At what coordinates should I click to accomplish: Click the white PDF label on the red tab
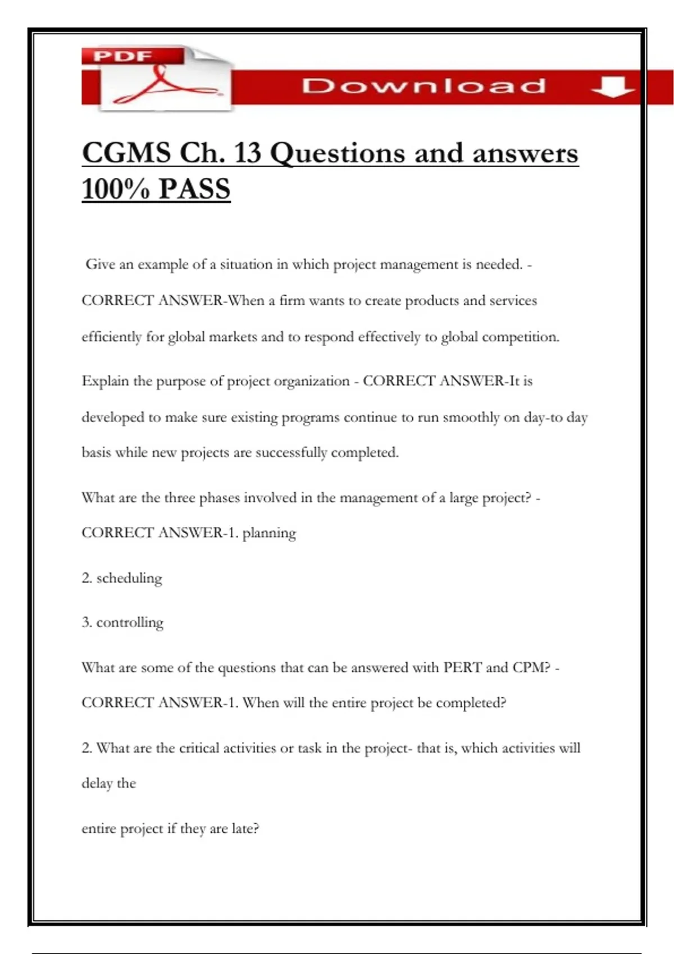[x=122, y=56]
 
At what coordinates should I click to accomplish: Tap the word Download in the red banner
[x=423, y=86]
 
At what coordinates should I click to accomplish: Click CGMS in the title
[x=126, y=153]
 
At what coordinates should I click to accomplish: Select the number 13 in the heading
[x=248, y=153]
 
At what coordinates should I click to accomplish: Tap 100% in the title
[x=116, y=189]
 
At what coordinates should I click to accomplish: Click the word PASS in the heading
[x=194, y=189]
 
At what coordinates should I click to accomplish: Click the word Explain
[x=105, y=382]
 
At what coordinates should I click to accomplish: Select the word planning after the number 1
[x=269, y=533]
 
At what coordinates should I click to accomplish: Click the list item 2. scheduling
[x=122, y=578]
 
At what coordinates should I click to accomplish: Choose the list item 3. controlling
[x=122, y=622]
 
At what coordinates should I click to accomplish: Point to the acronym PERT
[x=462, y=668]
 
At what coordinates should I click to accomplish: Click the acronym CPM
[x=531, y=668]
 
